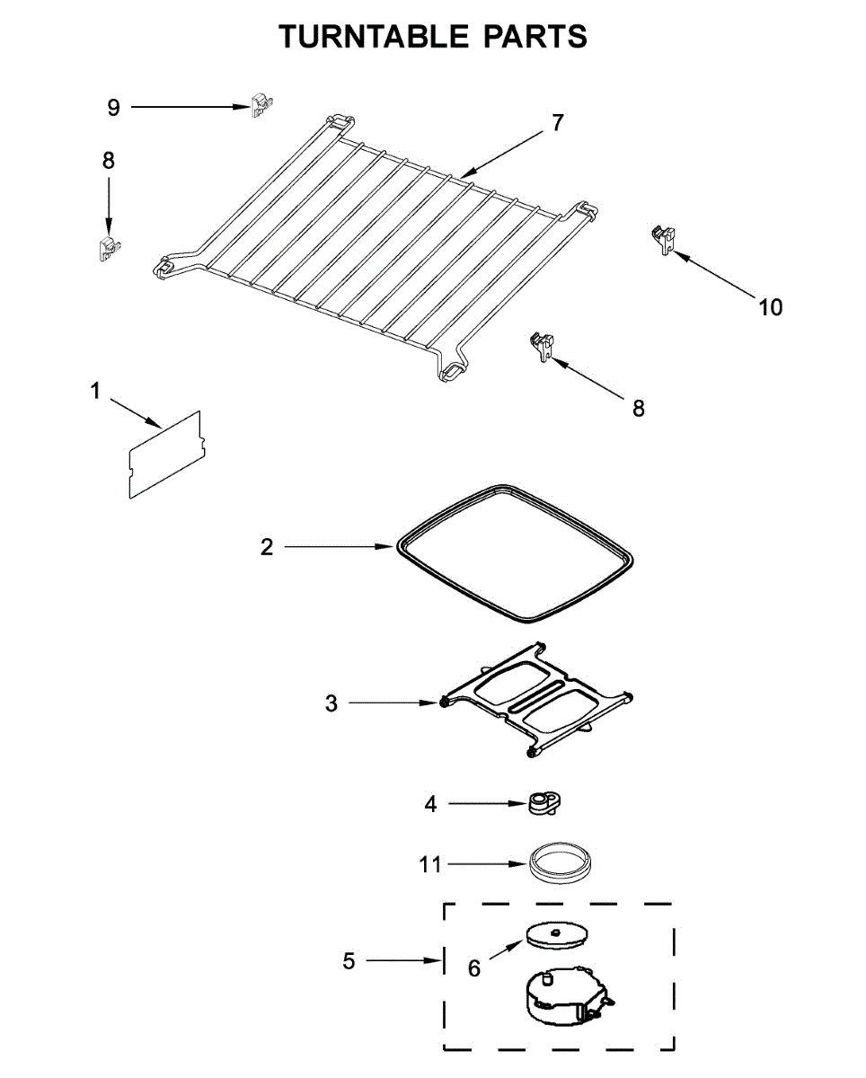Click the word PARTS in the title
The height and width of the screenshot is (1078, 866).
(x=536, y=36)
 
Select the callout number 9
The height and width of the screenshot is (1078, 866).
(x=113, y=108)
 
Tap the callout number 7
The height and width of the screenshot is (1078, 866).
(x=558, y=123)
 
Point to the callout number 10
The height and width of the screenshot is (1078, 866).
(x=770, y=307)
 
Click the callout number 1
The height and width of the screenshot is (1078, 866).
(x=95, y=391)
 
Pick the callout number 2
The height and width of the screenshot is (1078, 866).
(x=267, y=546)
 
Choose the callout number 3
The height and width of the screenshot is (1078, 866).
(x=331, y=703)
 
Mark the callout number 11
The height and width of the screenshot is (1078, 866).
(x=430, y=864)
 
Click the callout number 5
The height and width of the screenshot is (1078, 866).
(x=349, y=961)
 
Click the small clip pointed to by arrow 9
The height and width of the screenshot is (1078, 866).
(x=261, y=105)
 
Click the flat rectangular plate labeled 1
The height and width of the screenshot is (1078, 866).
(x=164, y=455)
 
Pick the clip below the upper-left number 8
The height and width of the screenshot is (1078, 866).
(x=108, y=247)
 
